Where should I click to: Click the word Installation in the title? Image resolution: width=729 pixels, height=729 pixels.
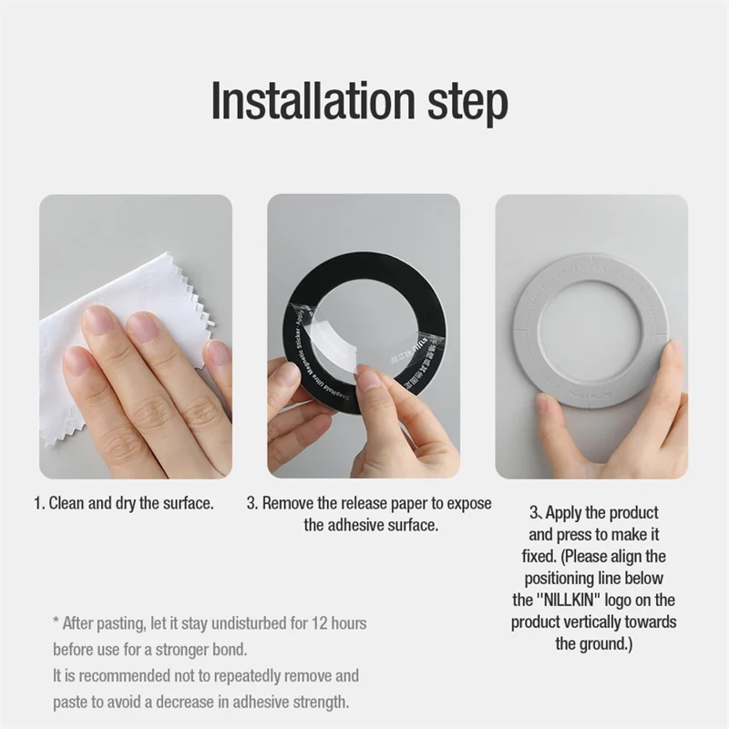(x=313, y=100)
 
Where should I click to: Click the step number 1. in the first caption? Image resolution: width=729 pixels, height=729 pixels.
(x=39, y=503)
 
